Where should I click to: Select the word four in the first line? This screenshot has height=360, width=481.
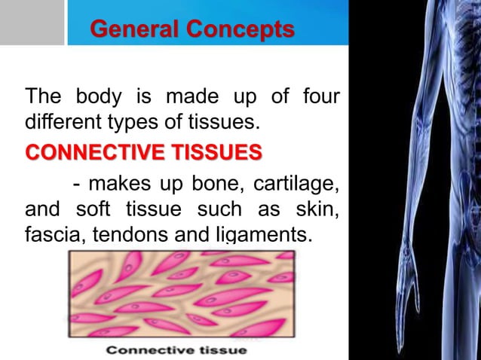pyautogui.click(x=320, y=97)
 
